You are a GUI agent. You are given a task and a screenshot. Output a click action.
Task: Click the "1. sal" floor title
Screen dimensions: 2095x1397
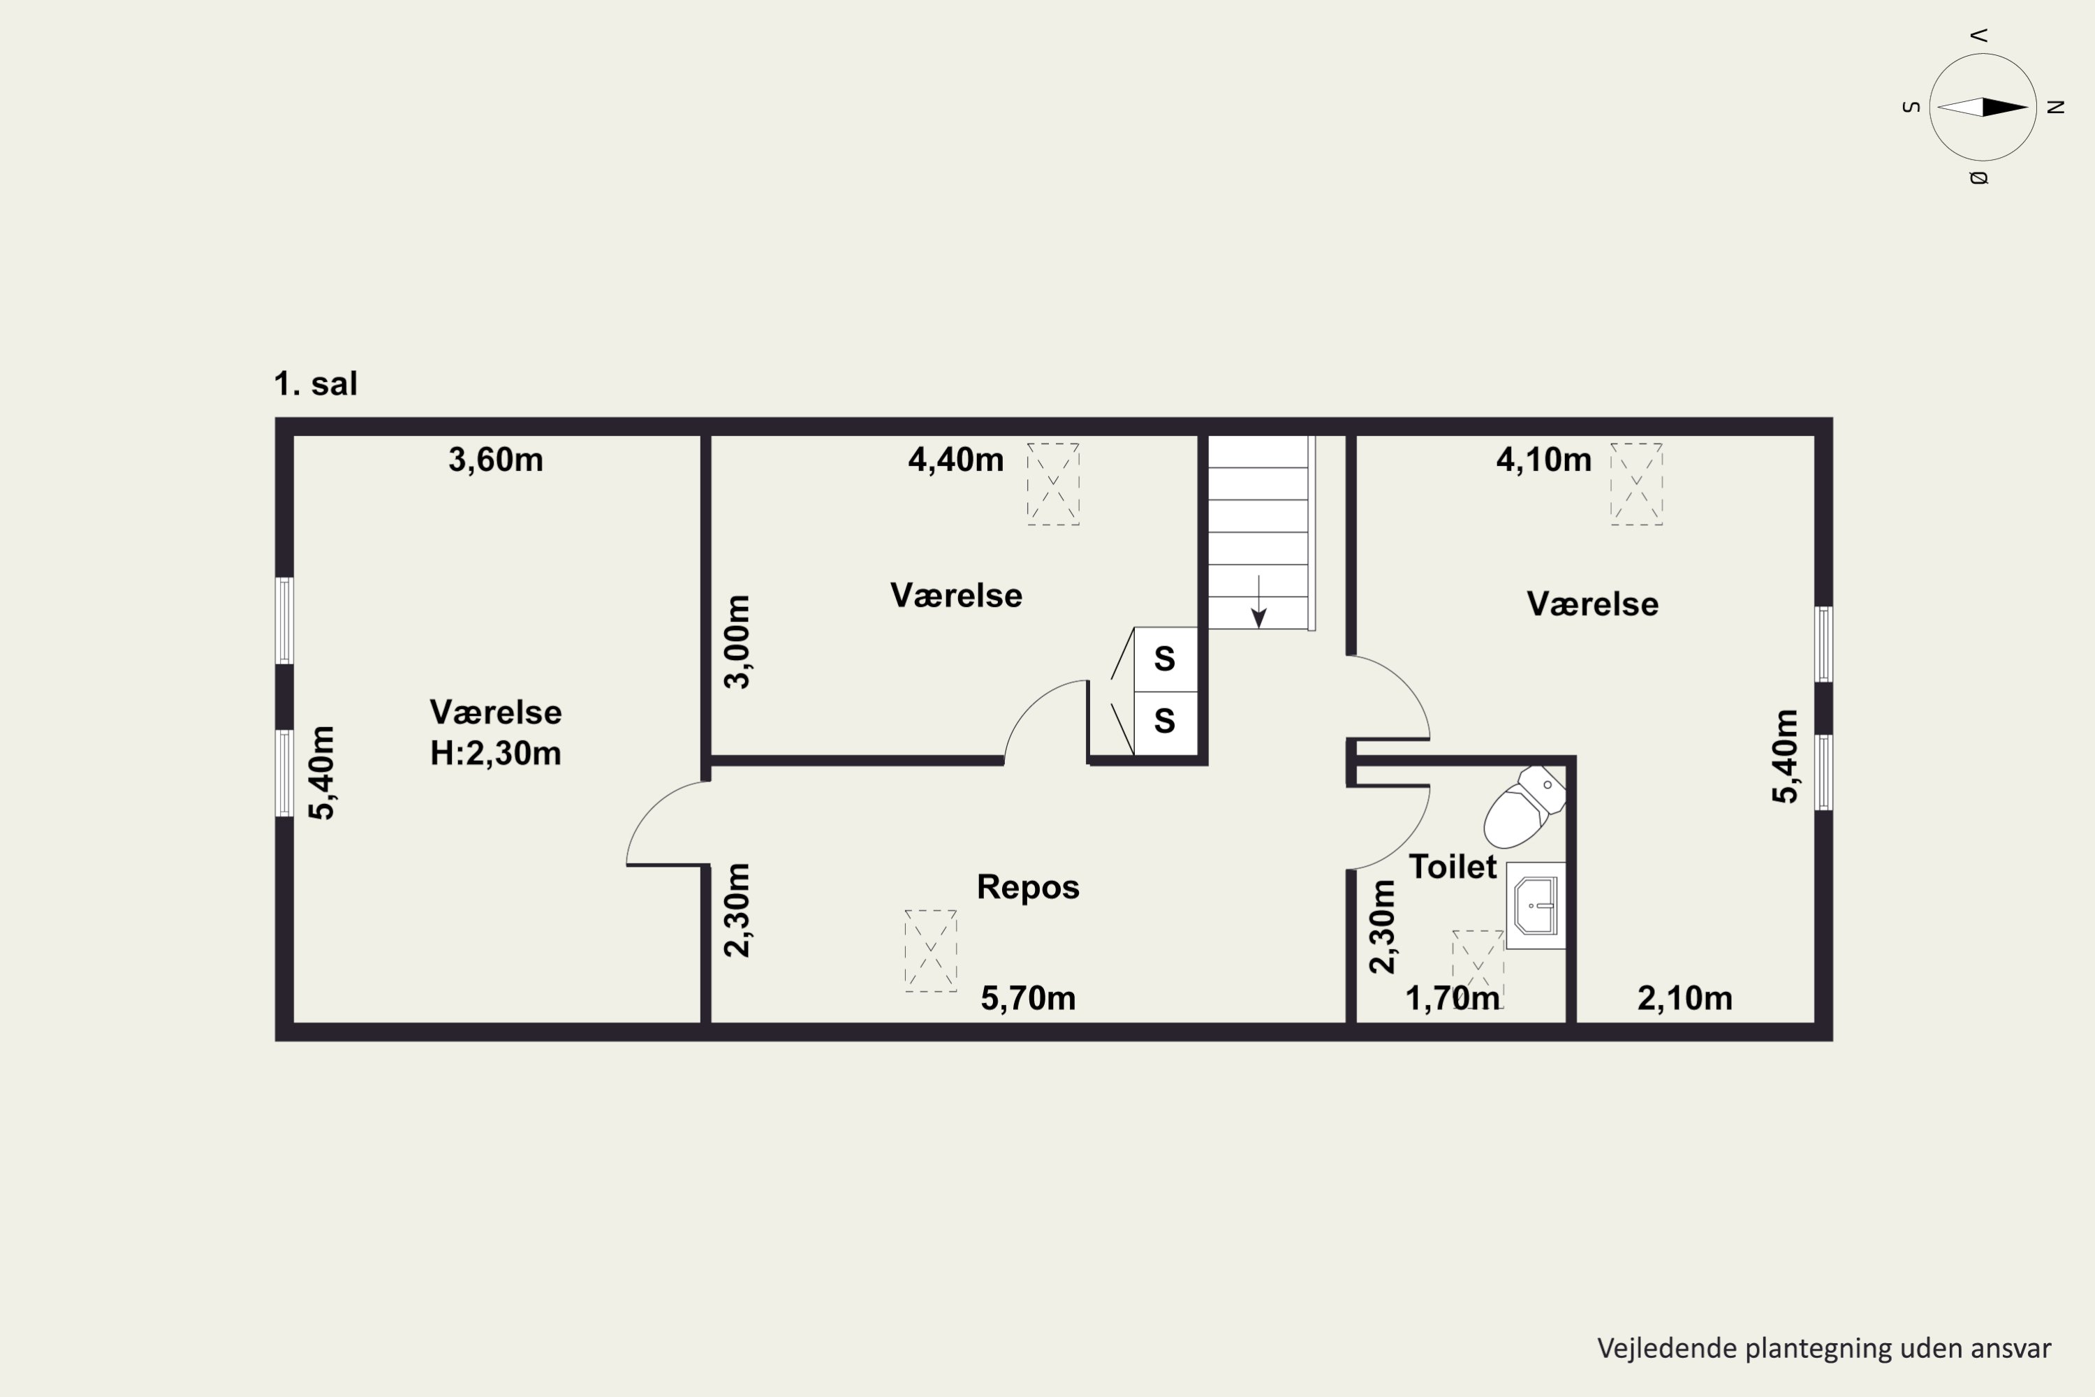pos(316,384)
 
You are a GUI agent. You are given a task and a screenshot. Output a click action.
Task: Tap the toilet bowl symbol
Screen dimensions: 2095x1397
pos(1524,806)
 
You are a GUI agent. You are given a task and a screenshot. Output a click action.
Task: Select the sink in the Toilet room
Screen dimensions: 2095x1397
pos(1536,905)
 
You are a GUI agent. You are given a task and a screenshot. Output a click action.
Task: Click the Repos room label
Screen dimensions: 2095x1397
pos(1028,887)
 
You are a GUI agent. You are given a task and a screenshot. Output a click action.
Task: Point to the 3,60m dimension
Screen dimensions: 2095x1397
pos(495,460)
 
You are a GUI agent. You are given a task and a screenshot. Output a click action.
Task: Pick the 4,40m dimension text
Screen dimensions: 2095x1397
pos(956,460)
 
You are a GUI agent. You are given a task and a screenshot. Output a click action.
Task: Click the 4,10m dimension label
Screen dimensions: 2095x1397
pos(1543,460)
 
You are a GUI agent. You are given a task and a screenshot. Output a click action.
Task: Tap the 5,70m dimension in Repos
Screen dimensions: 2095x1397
pos(1028,999)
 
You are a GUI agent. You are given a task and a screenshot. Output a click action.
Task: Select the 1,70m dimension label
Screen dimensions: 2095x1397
pos(1452,999)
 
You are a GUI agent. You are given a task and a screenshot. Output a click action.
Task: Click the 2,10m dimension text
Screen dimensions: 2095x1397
pos(1684,999)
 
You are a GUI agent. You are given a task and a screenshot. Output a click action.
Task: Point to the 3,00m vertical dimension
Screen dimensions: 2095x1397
pos(737,641)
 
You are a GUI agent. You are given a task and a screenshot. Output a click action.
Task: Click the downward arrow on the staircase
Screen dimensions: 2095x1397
pos(1258,601)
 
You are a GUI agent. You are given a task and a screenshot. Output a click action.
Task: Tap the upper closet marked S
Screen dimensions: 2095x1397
pos(1165,659)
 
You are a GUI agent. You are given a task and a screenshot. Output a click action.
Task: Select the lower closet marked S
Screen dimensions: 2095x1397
pos(1165,722)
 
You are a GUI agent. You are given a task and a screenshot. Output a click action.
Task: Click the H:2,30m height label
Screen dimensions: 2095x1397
pos(495,754)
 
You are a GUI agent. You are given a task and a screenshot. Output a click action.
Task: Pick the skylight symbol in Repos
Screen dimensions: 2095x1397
pos(931,951)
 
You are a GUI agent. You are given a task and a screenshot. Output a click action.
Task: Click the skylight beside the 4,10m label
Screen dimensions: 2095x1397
pos(1636,484)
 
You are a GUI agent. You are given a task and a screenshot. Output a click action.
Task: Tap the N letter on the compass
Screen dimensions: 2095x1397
pos(2056,107)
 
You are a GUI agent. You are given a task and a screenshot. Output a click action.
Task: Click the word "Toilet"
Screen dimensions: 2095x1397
pos(1452,867)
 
